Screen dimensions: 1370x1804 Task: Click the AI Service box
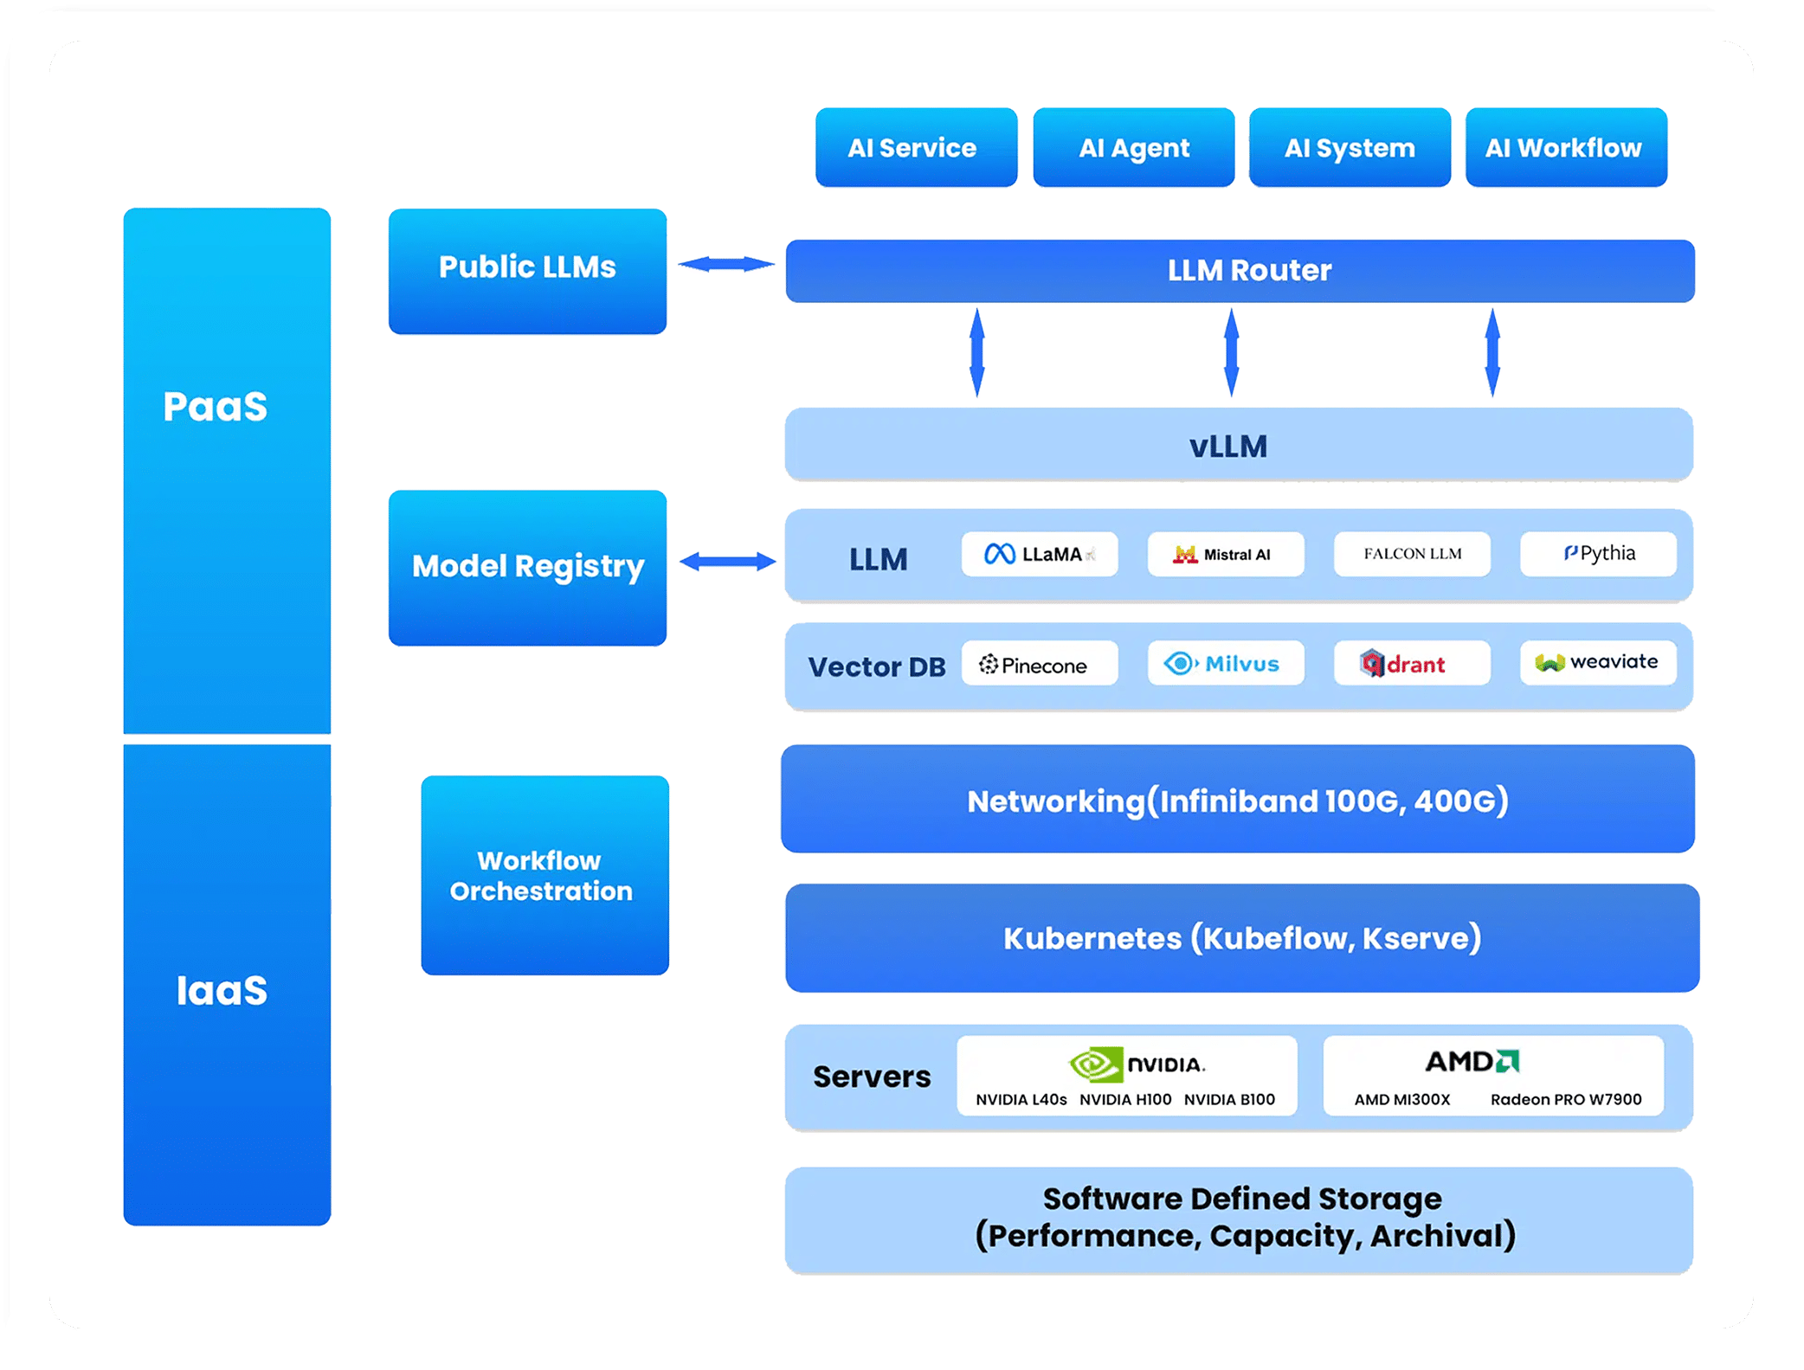916,147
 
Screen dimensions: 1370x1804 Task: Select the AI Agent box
1133,147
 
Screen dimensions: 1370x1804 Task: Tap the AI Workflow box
1565,147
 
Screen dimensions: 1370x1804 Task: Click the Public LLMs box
527,270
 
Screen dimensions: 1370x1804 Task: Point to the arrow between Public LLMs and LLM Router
725,264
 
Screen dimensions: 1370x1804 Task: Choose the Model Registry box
527,567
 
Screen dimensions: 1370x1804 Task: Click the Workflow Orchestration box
544,875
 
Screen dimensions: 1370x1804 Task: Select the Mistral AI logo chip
1225,554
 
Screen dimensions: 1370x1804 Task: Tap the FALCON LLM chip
1412,554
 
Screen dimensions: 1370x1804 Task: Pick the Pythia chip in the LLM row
1598,554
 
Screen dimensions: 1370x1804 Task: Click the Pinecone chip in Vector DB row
1039,664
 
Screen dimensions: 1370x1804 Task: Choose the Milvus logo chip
1225,664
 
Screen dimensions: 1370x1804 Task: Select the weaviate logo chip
1598,662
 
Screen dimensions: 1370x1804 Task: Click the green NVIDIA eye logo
1095,1064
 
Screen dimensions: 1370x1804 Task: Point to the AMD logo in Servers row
1472,1061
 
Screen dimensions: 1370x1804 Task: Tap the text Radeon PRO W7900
1565,1099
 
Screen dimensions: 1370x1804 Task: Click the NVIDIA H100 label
1124,1099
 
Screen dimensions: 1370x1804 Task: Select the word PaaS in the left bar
216,406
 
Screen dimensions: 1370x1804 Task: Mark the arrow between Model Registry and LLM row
727,562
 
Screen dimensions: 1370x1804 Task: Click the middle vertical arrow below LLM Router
1231,353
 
